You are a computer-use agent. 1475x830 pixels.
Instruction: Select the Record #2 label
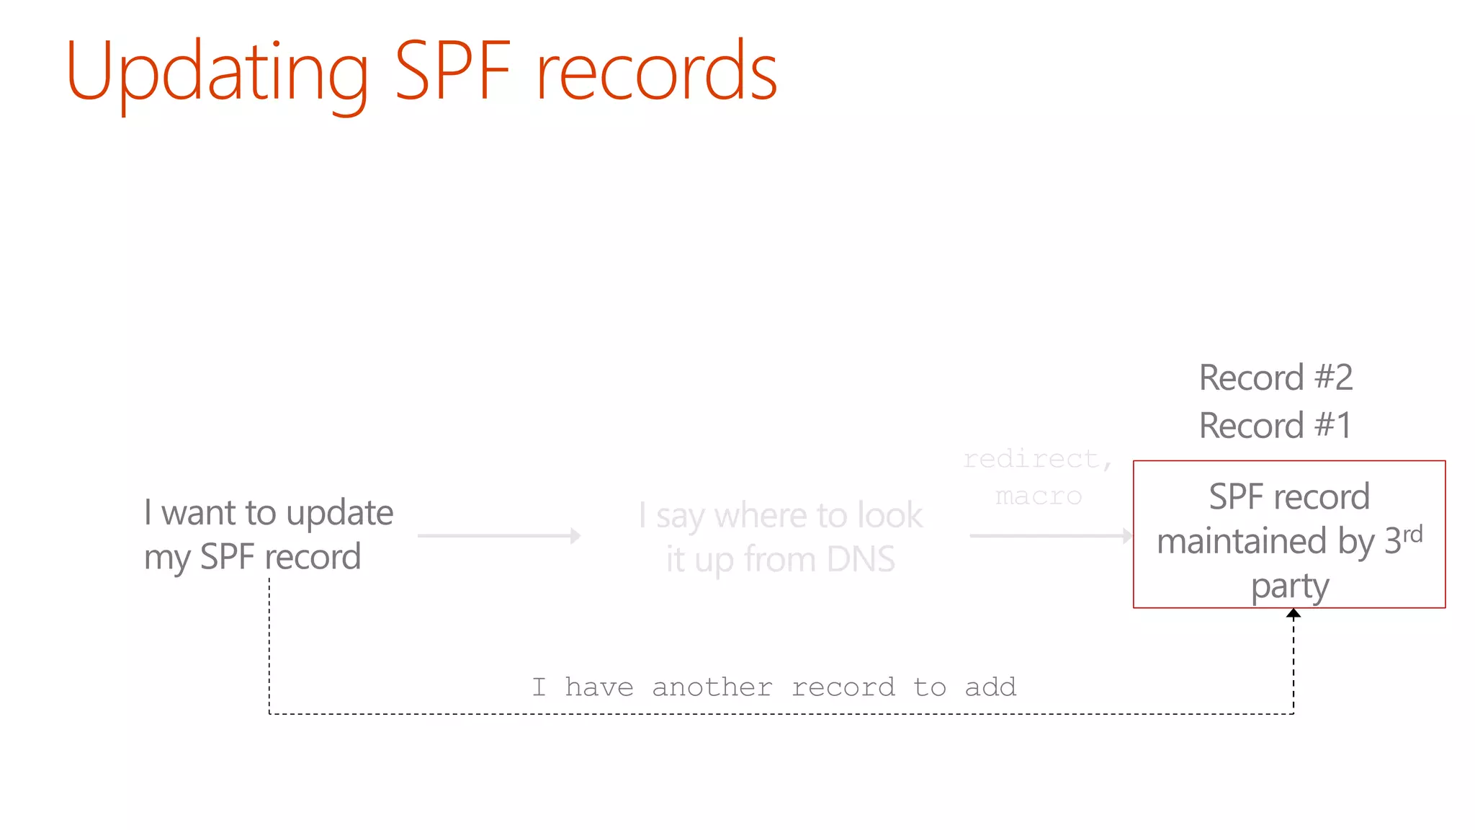pos(1276,378)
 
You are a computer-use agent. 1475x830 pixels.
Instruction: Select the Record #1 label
pos(1275,425)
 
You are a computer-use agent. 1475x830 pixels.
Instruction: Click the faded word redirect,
pos(1038,459)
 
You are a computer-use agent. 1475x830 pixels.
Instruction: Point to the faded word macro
pos(1039,496)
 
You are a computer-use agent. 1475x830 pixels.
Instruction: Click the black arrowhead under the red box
pos(1294,614)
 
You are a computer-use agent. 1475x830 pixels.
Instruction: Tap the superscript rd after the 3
pos(1412,534)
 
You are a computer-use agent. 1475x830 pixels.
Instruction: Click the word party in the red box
pos(1289,587)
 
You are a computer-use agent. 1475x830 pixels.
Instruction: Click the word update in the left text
pos(340,514)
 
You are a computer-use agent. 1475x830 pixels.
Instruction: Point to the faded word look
pos(890,515)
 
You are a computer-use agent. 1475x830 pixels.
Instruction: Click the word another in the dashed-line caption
pos(712,687)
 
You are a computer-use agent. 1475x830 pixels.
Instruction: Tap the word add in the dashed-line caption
pos(990,687)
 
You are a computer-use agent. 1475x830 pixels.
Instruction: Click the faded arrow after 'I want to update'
pos(499,535)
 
